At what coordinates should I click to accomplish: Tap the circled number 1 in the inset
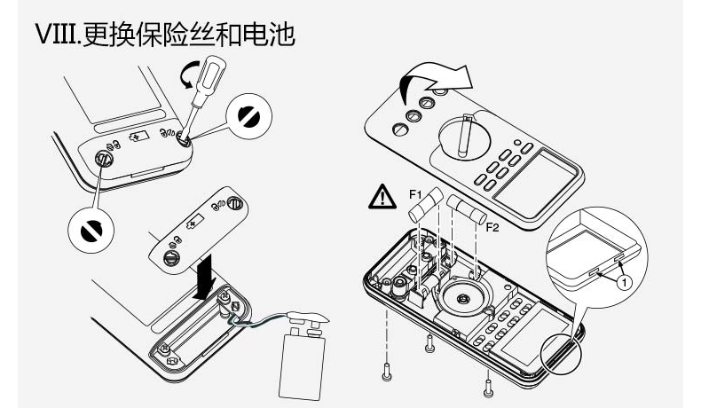(x=624, y=282)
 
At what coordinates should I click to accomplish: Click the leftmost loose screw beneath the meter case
(x=386, y=373)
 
